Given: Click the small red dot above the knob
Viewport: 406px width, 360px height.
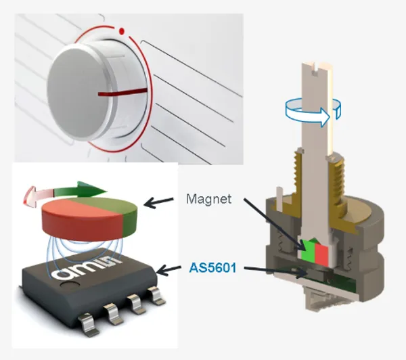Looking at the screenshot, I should coord(121,30).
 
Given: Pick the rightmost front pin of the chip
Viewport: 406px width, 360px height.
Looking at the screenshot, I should coord(156,295).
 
